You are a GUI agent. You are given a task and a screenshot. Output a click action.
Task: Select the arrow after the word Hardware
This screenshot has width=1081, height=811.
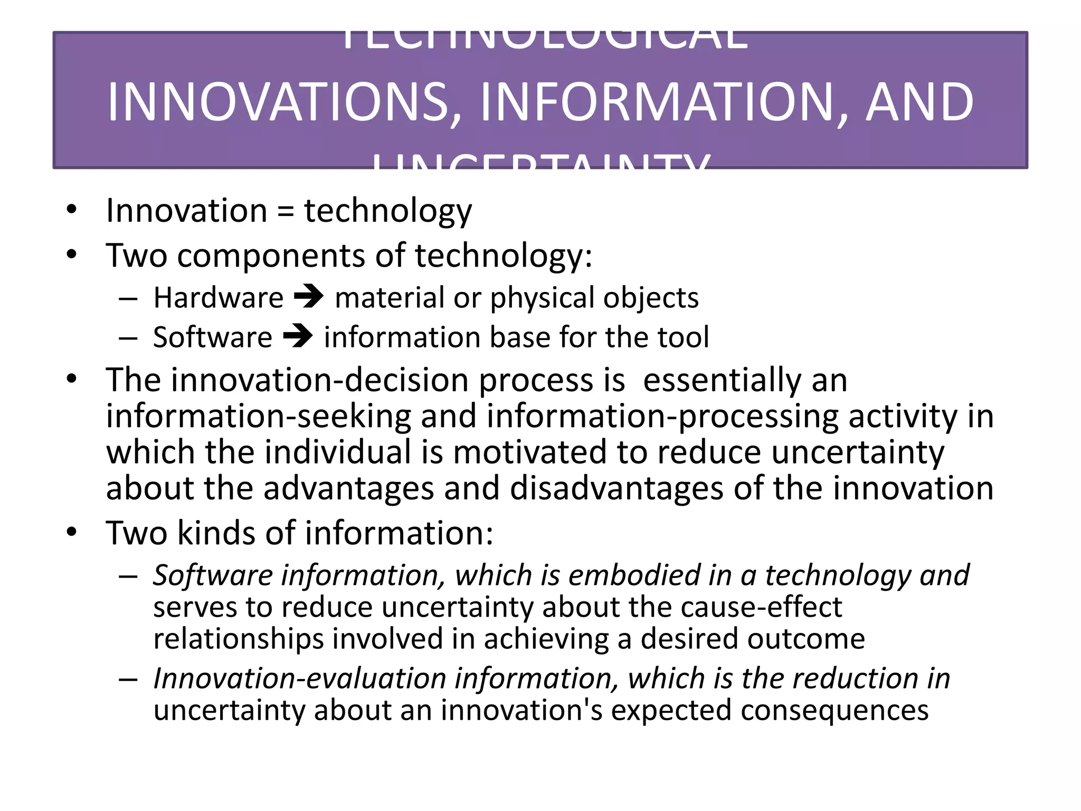click(x=309, y=297)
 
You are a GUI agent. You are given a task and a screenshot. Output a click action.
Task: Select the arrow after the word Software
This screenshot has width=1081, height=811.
click(x=298, y=336)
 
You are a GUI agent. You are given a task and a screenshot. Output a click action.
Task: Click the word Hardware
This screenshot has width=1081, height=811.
click(x=219, y=298)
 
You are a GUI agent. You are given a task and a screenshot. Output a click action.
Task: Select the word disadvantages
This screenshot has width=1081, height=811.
click(x=616, y=488)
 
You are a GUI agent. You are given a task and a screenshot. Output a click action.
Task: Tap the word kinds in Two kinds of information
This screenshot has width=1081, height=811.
click(x=216, y=533)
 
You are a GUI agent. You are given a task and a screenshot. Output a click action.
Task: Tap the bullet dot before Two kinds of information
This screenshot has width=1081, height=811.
click(x=72, y=532)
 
